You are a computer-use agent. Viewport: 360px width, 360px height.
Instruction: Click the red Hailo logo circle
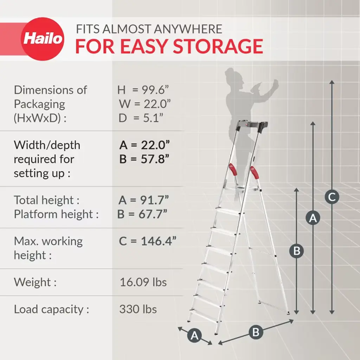[43, 39]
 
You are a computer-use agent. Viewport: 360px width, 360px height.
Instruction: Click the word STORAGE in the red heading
[218, 46]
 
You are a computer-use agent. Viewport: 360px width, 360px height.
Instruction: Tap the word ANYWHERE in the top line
[188, 29]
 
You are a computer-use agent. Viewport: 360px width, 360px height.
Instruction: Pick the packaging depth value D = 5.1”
[141, 118]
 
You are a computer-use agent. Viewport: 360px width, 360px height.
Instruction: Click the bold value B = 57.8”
[144, 159]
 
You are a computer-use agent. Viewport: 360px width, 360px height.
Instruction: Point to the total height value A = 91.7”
[144, 200]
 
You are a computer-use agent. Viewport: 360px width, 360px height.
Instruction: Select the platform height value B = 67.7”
[142, 214]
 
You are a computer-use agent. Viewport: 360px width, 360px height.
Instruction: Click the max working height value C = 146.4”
[148, 241]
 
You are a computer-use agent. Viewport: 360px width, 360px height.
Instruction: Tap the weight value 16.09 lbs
[143, 282]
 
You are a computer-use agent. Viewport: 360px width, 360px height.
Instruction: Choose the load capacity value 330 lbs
[138, 309]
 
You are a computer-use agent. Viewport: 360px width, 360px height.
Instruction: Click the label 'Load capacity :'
[51, 309]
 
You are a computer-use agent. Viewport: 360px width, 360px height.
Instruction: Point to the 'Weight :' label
[35, 282]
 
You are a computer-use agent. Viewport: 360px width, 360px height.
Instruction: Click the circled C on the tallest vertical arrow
[332, 197]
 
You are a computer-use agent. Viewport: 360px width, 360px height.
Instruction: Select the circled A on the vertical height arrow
[313, 217]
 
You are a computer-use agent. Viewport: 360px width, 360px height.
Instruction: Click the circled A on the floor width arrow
[194, 335]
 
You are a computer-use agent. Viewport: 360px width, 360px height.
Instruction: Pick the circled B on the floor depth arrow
[256, 332]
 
